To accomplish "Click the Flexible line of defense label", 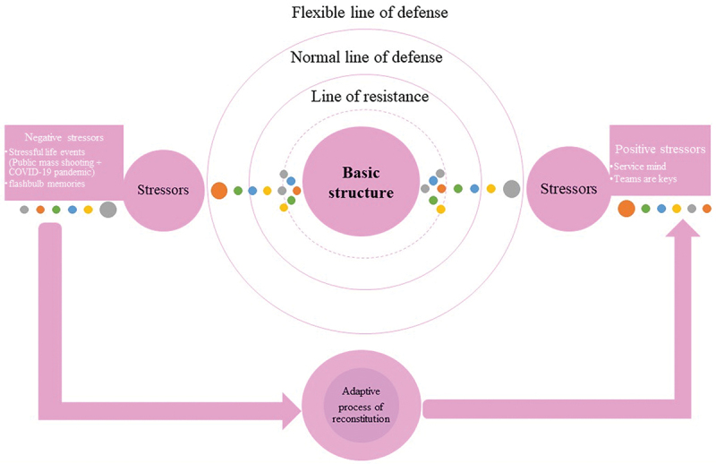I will point(370,13).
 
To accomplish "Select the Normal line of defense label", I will point(367,57).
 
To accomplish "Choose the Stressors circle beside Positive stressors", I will point(569,189).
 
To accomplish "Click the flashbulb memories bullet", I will point(46,185).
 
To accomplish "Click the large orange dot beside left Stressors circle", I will point(218,190).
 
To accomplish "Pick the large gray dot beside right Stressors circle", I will point(511,189).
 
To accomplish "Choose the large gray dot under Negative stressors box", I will point(107,210).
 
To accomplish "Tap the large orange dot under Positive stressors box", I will point(626,209).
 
